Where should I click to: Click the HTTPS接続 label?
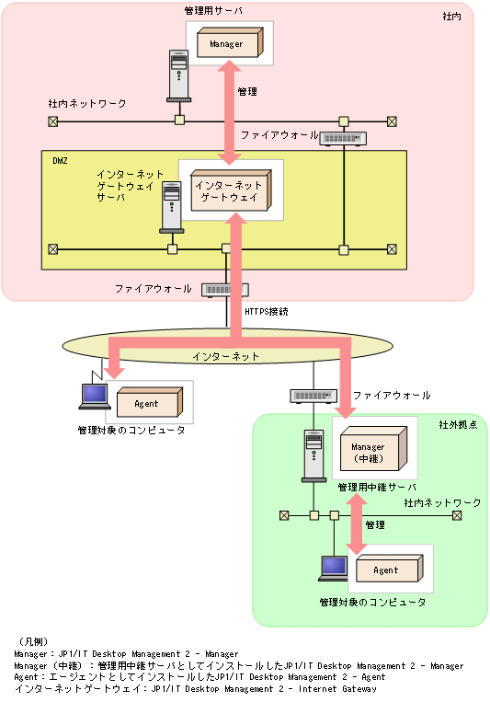click(x=267, y=312)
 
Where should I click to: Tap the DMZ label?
click(x=61, y=160)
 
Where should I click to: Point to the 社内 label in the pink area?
click(x=452, y=17)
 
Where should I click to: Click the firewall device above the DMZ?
click(x=345, y=138)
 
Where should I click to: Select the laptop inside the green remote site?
click(x=330, y=570)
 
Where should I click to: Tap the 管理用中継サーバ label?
click(x=376, y=488)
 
